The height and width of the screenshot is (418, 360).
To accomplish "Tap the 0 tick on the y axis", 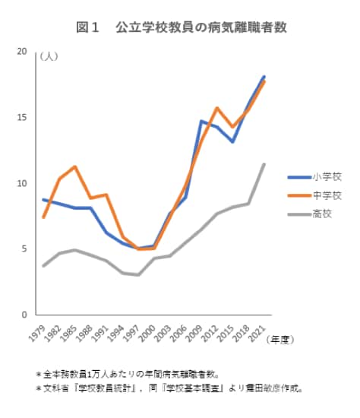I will tap(24, 315).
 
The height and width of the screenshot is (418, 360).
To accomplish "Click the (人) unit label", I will tap(47, 55).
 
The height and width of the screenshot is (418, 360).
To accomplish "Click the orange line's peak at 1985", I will tap(75, 166).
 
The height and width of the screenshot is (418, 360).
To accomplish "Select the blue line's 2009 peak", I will tap(201, 121).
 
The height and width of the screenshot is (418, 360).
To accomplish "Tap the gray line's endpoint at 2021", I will tap(264, 164).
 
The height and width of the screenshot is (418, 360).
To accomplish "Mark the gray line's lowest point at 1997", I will tap(138, 275).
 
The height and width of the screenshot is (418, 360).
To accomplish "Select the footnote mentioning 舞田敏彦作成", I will tap(169, 388).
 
